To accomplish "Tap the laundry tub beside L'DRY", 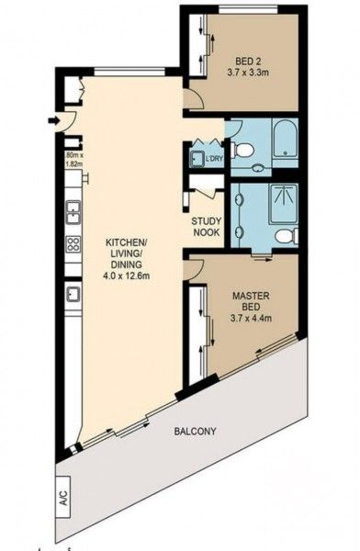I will coord(197,159).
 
